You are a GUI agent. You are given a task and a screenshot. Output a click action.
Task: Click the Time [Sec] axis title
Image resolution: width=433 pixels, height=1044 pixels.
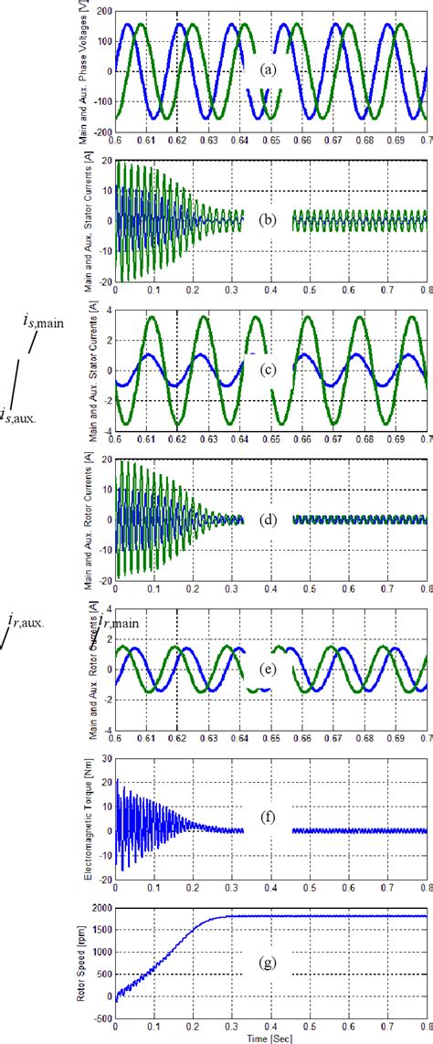(x=270, y=1039)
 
